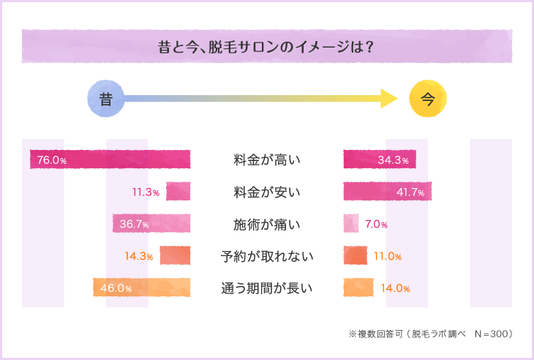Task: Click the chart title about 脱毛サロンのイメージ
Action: click(267, 47)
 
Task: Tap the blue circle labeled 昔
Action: click(106, 100)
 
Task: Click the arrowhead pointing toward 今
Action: click(388, 100)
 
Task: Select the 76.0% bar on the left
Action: click(110, 160)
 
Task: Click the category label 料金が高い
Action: click(267, 160)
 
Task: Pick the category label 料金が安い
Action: click(267, 192)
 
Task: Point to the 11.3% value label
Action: click(146, 192)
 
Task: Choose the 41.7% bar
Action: click(388, 192)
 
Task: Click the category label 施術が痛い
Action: click(267, 224)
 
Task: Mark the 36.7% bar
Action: click(151, 224)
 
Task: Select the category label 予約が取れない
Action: click(267, 256)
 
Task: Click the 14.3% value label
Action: click(139, 256)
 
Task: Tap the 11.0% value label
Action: click(388, 256)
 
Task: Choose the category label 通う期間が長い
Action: click(267, 288)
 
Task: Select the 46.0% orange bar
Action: click(142, 288)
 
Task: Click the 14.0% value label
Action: click(395, 288)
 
